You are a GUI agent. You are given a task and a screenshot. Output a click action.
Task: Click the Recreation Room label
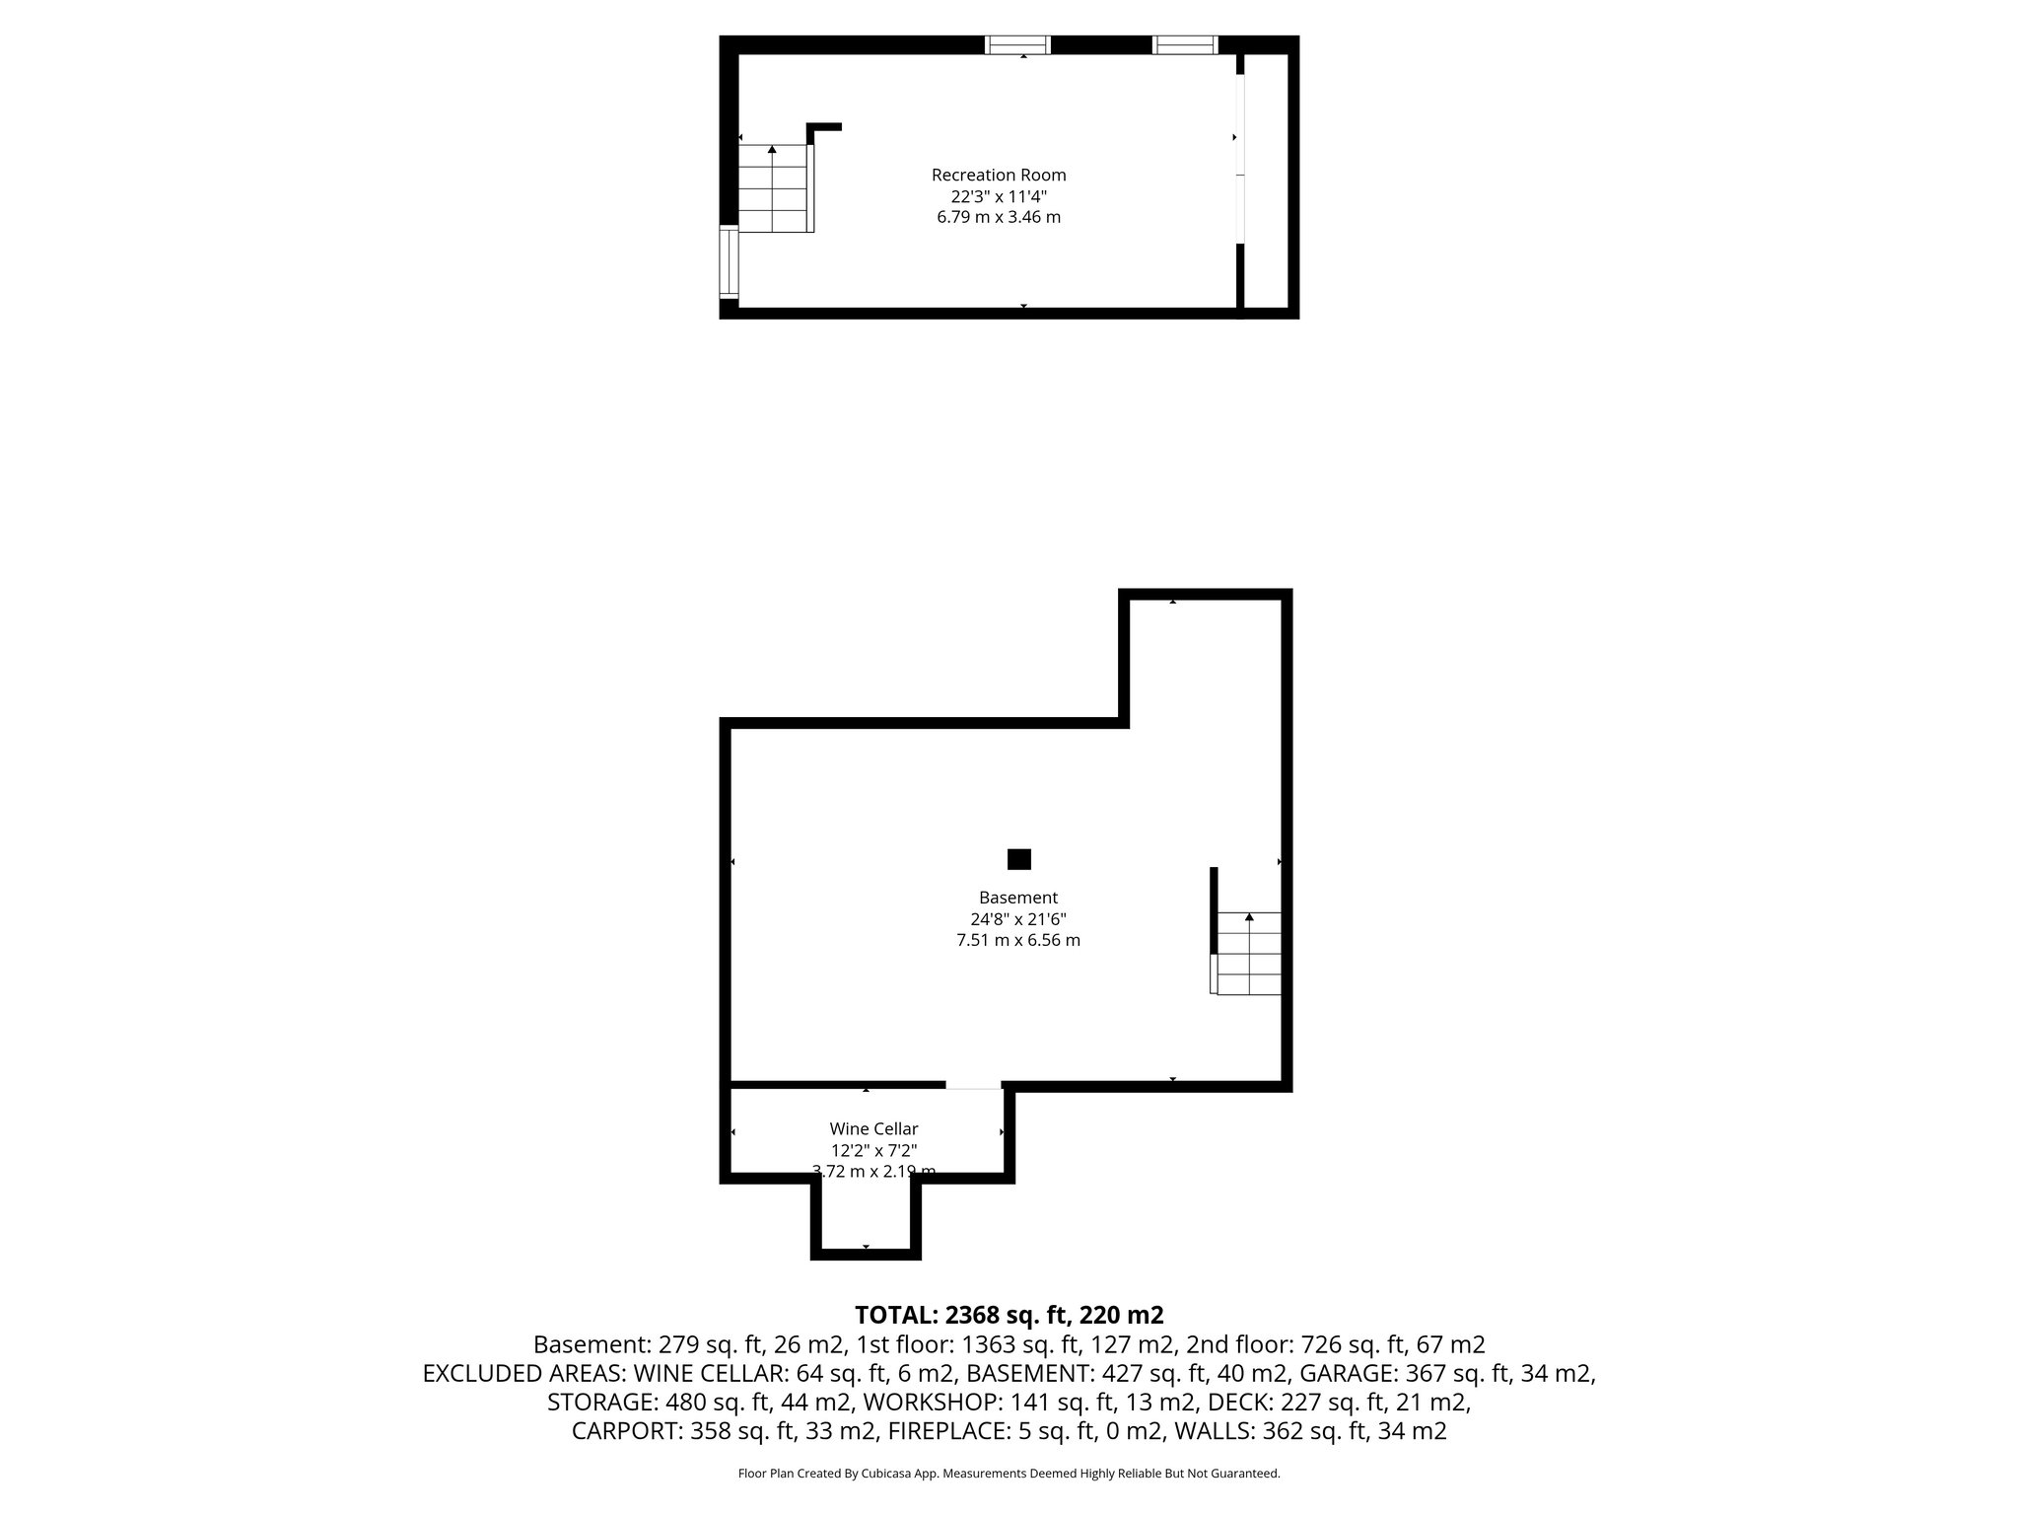[x=999, y=176]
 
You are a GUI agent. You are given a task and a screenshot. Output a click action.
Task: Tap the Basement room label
[x=1018, y=899]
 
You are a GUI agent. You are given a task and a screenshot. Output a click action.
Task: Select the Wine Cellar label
[x=873, y=1129]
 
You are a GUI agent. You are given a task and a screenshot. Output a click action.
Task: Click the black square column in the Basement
[x=1019, y=859]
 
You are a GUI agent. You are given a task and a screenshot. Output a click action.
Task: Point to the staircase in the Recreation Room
[x=775, y=188]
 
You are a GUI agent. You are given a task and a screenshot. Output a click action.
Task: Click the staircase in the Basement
[x=1249, y=953]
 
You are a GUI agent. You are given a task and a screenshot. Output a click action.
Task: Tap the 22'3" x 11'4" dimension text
[x=999, y=196]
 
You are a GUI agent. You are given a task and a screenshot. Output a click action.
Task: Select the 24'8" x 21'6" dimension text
[x=1018, y=919]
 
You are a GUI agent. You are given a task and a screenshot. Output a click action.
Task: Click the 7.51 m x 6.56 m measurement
[x=1018, y=941]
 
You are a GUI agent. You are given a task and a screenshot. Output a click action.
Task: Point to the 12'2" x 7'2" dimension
[x=873, y=1150]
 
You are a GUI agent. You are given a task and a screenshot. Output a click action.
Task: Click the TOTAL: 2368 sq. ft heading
[x=1009, y=1315]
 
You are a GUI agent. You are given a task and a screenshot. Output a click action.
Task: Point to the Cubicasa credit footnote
[x=1009, y=1474]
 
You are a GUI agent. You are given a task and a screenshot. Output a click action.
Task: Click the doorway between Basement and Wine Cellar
[x=973, y=1086]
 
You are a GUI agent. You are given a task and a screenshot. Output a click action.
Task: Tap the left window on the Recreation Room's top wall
[x=1017, y=45]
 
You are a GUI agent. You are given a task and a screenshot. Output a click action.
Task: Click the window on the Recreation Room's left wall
[x=730, y=261]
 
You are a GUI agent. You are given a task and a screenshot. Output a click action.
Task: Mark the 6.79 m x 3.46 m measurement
[x=999, y=217]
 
